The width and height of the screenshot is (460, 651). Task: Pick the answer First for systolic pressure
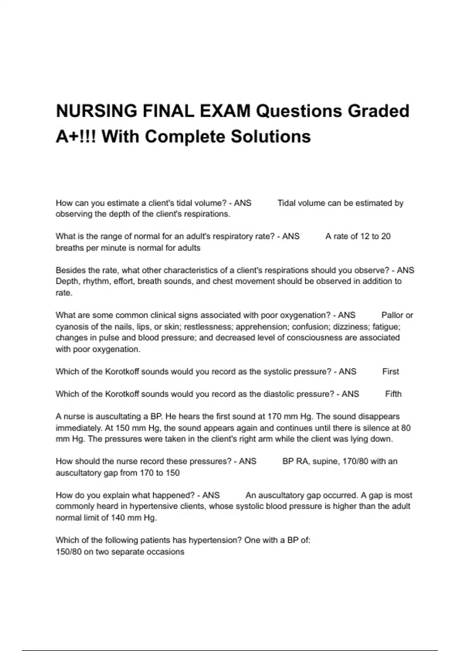(x=391, y=371)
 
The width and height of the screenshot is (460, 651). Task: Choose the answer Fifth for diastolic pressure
(x=393, y=394)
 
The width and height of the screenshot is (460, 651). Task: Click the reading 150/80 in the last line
(x=69, y=552)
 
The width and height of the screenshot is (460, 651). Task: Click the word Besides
(x=69, y=270)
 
